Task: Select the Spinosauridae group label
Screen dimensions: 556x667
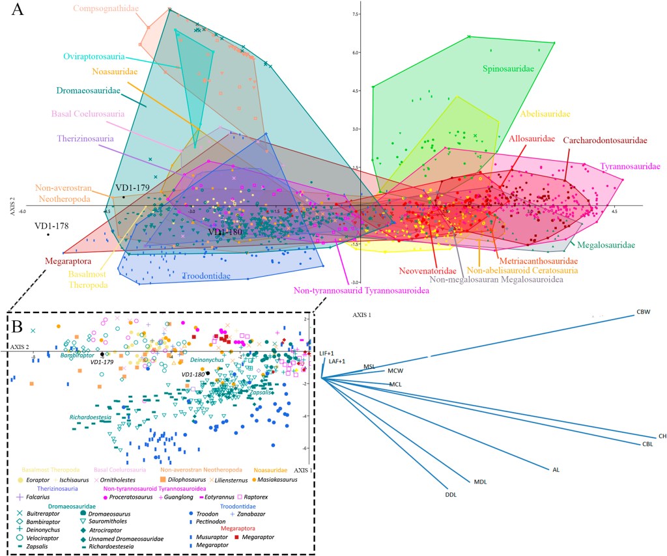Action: pos(509,68)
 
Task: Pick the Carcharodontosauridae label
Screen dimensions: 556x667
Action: pos(605,140)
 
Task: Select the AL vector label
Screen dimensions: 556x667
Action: pos(556,469)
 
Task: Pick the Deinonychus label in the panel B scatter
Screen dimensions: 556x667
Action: pos(207,360)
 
